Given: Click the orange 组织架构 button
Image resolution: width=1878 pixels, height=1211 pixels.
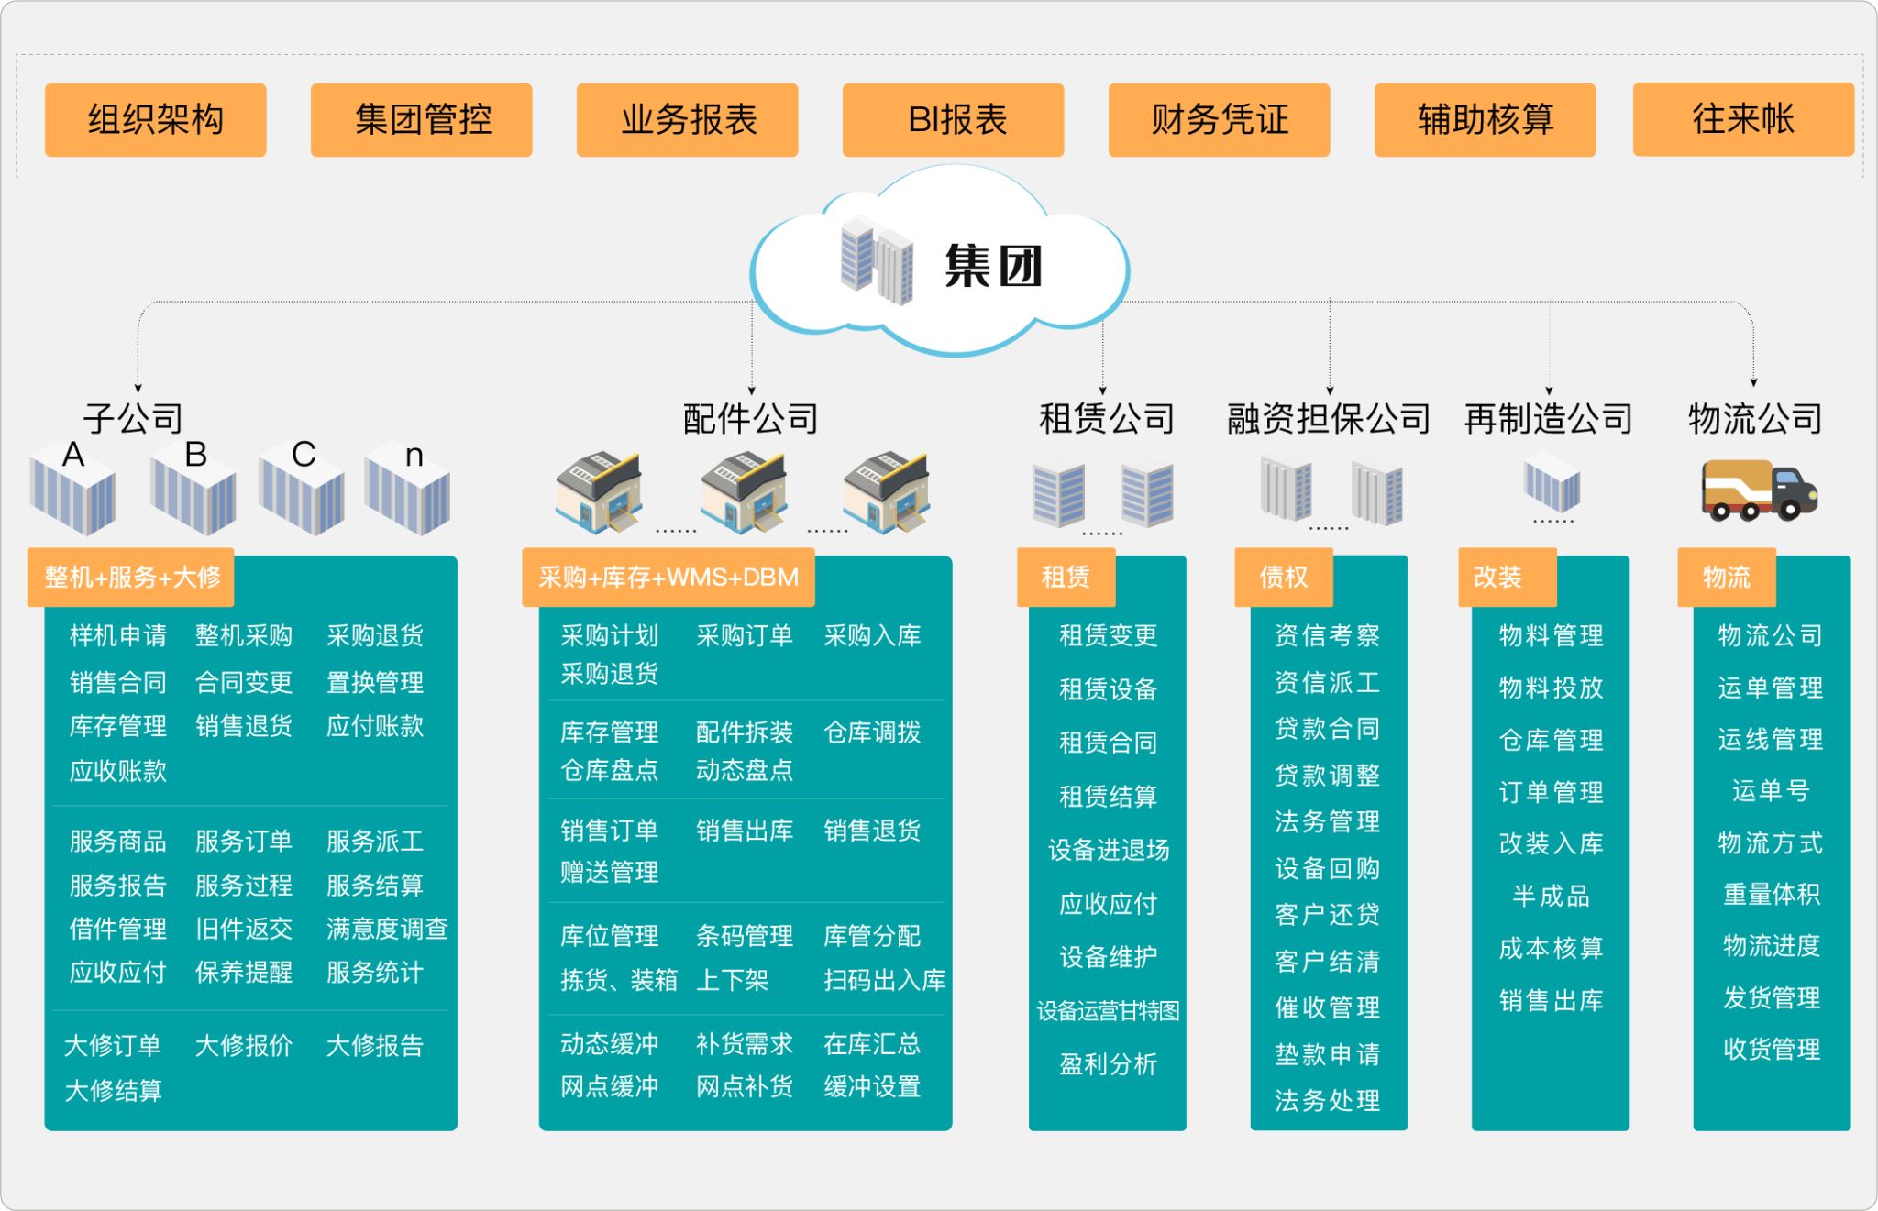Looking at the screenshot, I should (x=155, y=120).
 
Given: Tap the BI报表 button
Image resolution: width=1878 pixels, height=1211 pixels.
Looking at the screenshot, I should (x=953, y=120).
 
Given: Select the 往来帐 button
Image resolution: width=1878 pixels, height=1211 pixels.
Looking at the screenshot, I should (x=1742, y=119).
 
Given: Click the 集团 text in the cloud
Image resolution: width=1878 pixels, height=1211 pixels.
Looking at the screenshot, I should (x=994, y=267).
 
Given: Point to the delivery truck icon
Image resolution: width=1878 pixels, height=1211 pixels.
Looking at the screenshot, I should (x=1759, y=491).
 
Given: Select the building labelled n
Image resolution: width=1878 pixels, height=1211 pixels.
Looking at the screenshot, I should (x=408, y=490).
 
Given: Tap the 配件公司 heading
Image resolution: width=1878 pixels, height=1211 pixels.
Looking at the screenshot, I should (x=750, y=419).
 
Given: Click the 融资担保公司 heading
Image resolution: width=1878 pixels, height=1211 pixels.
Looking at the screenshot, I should (x=1329, y=419).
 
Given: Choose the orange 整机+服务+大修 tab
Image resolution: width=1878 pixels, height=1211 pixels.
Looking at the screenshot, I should (x=131, y=578).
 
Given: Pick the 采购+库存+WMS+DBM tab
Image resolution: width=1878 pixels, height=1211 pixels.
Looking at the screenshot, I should (x=668, y=578).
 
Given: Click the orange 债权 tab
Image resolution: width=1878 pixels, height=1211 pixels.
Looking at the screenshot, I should (x=1283, y=578).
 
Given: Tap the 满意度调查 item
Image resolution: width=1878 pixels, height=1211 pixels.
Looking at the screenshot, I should (x=387, y=929).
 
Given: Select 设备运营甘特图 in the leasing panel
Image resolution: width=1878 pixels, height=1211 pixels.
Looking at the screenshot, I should (x=1108, y=1011).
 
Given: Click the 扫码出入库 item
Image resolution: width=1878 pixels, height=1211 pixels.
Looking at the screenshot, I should (x=884, y=980).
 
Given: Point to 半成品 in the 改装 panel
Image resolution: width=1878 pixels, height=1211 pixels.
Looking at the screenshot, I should (x=1551, y=896).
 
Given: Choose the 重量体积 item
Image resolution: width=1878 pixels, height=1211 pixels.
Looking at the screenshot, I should (x=1771, y=894).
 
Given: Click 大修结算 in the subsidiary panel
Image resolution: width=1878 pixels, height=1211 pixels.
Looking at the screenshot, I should (x=114, y=1091).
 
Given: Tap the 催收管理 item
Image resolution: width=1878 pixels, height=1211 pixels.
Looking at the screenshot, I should (x=1327, y=1007).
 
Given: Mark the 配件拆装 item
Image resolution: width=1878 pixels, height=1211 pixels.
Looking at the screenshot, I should (x=744, y=732).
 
